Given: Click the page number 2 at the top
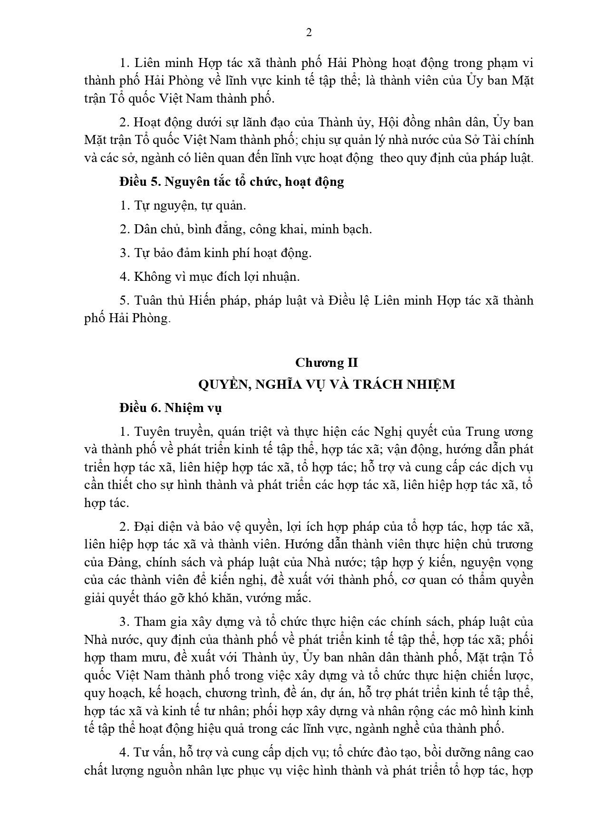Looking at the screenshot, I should (x=309, y=33).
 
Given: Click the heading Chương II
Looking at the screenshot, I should (x=326, y=363).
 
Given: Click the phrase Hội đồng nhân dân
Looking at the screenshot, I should (x=434, y=122).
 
